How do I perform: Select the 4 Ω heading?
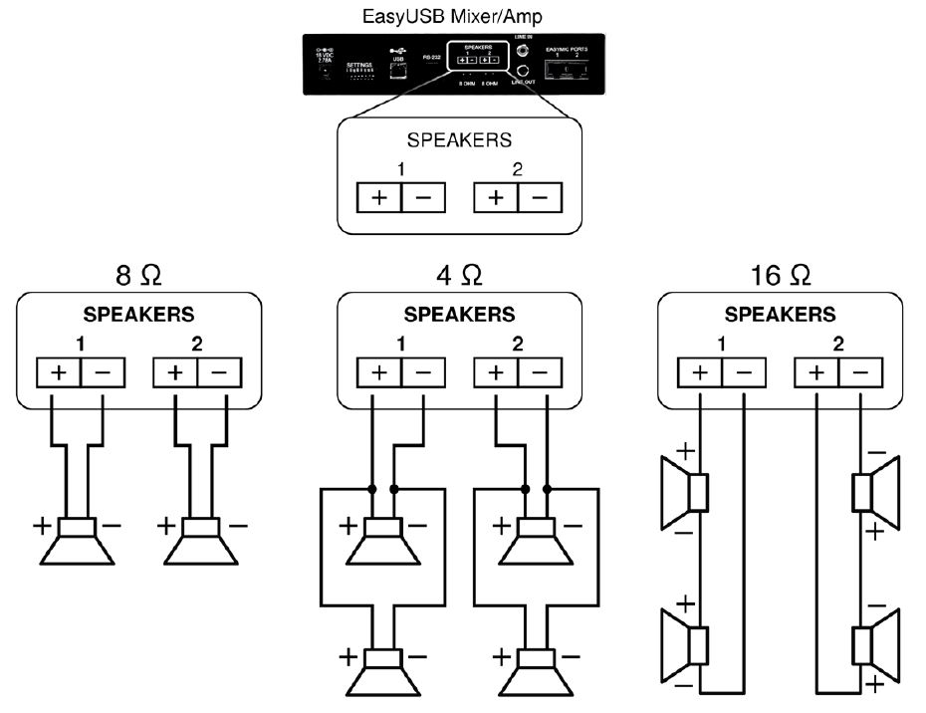coord(459,274)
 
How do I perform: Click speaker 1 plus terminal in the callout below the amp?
coord(379,197)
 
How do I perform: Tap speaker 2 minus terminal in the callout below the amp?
coord(540,197)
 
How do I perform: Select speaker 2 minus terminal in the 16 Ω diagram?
coord(860,373)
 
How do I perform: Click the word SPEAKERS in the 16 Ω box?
coord(780,315)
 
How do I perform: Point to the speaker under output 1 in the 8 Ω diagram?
coord(76,538)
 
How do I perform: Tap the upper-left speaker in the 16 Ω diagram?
coord(687,490)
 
